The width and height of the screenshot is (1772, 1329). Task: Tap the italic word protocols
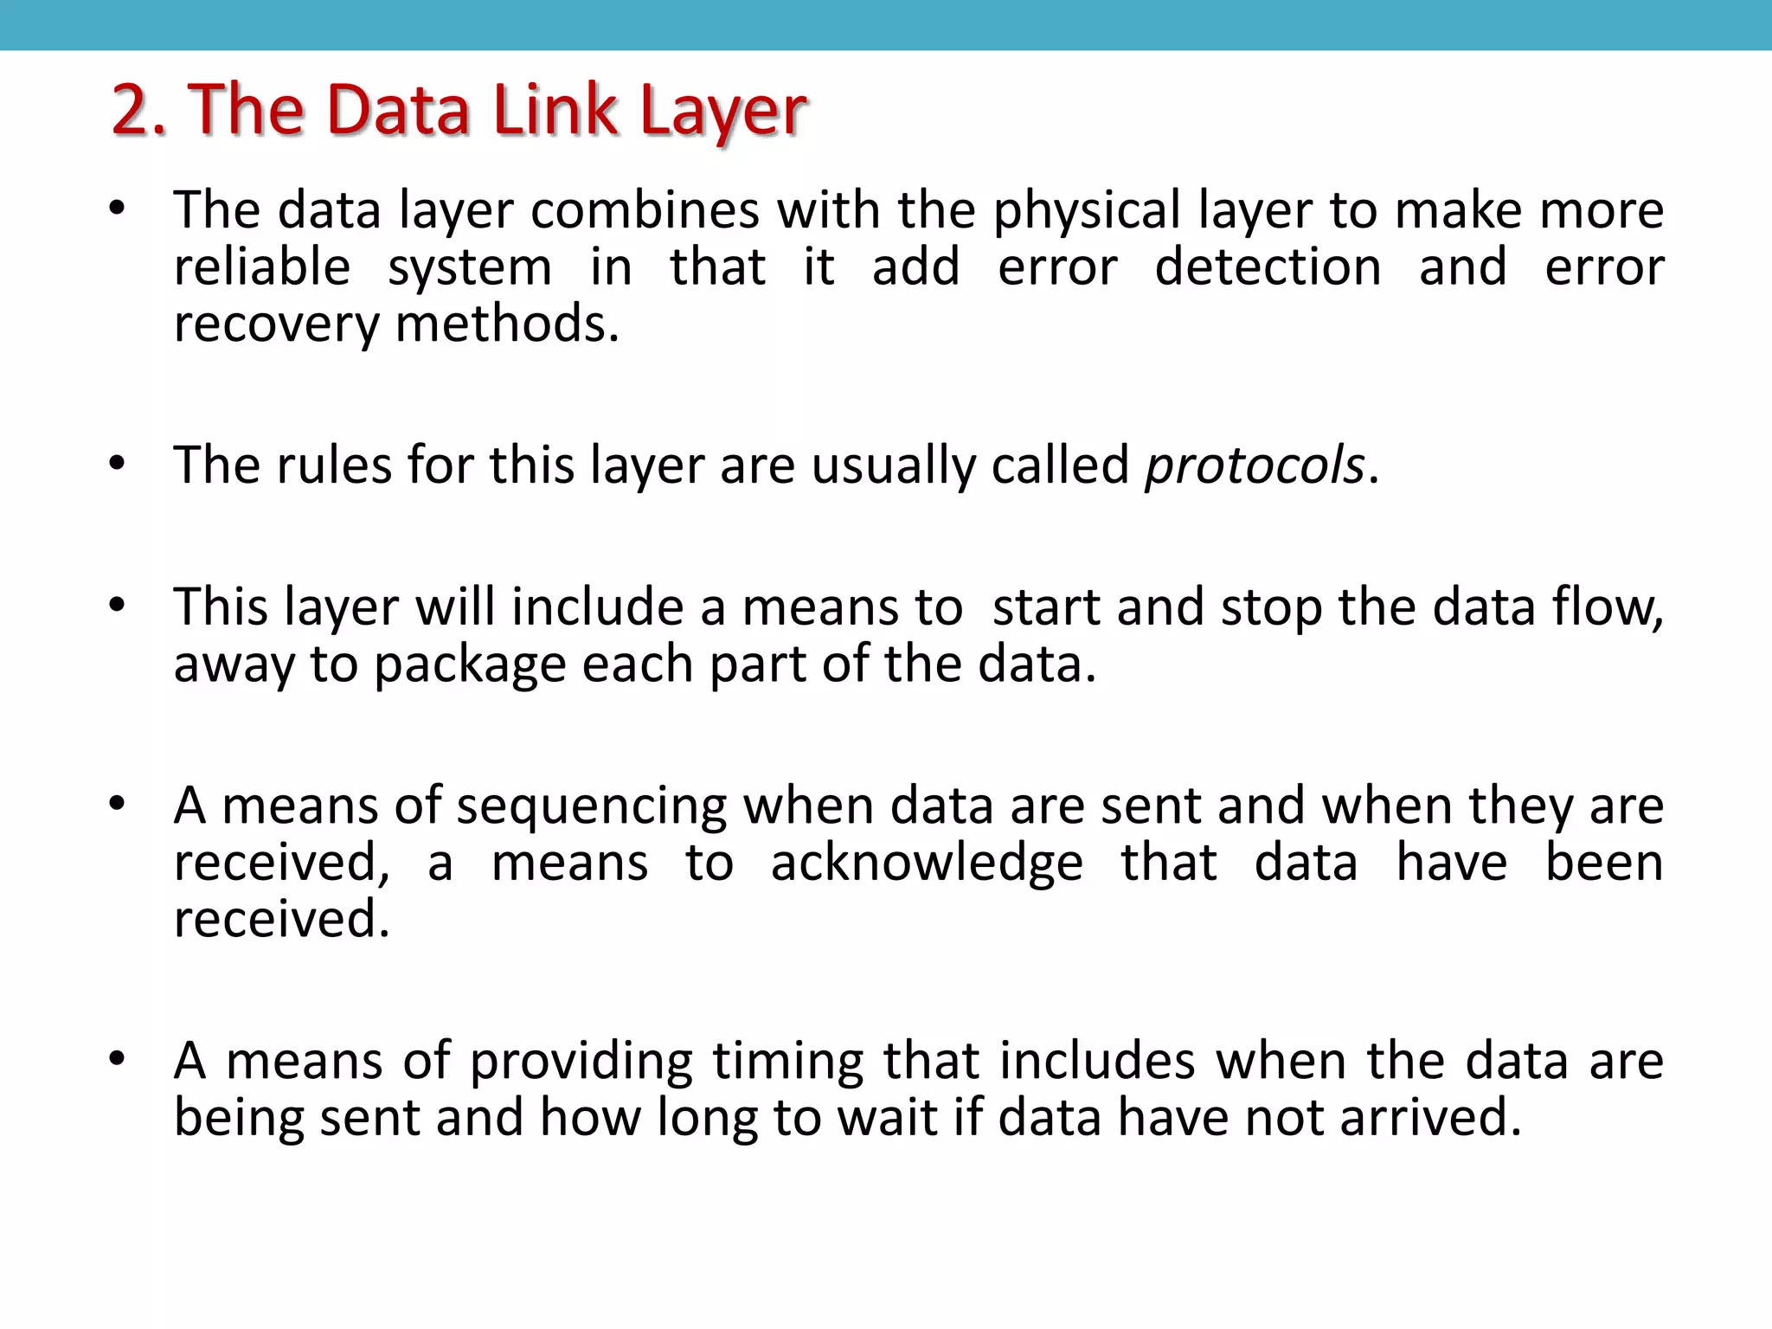(x=1254, y=466)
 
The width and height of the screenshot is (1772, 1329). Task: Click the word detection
(x=1268, y=266)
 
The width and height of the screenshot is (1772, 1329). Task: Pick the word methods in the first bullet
(x=506, y=324)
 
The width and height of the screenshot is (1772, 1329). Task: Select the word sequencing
(x=592, y=807)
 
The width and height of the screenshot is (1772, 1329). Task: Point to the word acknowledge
(x=927, y=864)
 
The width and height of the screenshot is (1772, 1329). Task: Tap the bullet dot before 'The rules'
(x=118, y=465)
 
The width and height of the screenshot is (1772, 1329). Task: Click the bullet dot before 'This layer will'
(x=118, y=606)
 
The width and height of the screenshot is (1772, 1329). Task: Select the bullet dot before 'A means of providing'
(x=118, y=1059)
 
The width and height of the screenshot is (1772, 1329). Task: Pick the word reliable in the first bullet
(x=262, y=266)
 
